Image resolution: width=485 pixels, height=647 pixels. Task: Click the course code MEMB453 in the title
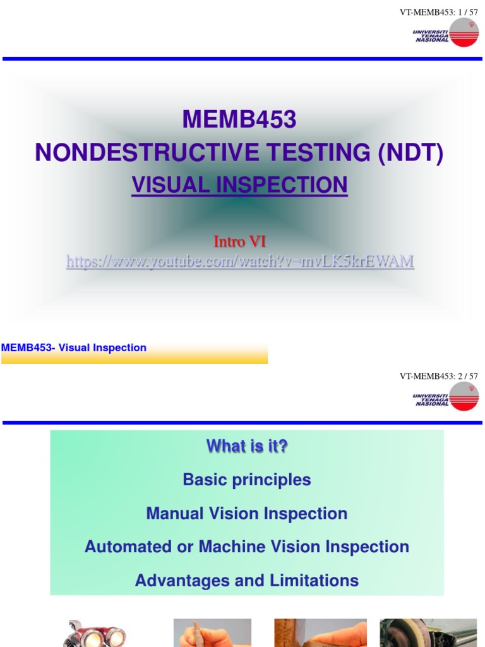pos(239,119)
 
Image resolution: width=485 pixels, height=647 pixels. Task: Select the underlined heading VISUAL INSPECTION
pos(239,184)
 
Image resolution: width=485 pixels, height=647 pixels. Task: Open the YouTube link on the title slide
pos(240,261)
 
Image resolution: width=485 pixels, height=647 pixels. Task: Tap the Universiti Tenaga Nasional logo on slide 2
pos(446,396)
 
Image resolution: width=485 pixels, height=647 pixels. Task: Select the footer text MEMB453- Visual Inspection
pos(74,348)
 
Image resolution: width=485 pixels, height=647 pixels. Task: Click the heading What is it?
pos(247,446)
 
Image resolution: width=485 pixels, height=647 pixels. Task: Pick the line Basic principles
pos(247,480)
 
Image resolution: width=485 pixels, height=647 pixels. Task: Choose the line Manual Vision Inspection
pos(247,513)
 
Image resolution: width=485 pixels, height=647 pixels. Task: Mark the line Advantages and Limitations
pos(247,580)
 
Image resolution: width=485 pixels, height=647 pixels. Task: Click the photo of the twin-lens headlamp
pos(95,633)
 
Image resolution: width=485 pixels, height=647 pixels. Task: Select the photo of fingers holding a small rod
pos(212,633)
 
